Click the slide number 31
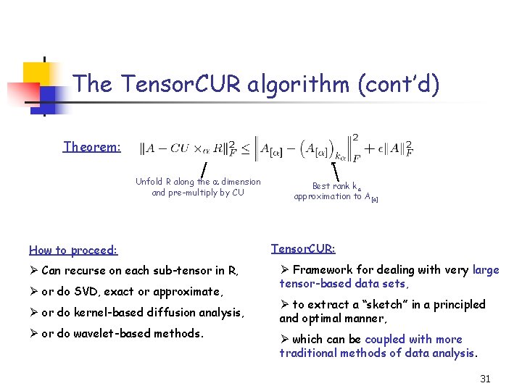coord(485,379)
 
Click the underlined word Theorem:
coord(92,147)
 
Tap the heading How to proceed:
coord(72,251)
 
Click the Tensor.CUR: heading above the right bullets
coord(303,248)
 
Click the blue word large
coord(486,270)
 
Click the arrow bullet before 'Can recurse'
coord(34,272)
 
